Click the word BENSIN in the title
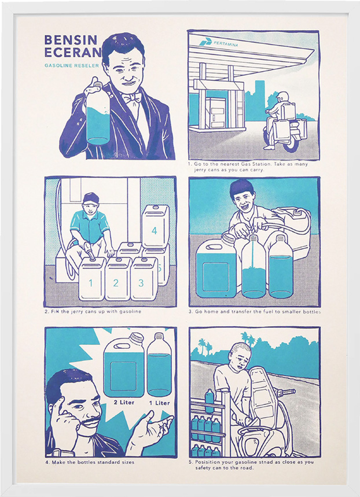71,40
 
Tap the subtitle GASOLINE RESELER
72,65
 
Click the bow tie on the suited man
131,98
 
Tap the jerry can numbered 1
92,279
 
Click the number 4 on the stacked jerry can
154,230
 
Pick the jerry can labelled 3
144,279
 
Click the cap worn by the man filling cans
91,198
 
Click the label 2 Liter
124,403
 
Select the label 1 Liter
160,403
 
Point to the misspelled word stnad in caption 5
273,462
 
